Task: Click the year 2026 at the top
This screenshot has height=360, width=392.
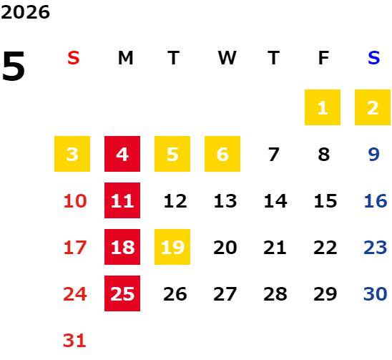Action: pyautogui.click(x=25, y=12)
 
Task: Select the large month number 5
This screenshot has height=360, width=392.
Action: pyautogui.click(x=14, y=66)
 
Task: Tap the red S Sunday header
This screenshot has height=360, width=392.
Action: pyautogui.click(x=74, y=58)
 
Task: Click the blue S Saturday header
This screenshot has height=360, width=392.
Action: pyautogui.click(x=373, y=58)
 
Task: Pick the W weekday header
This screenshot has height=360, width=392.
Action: pyautogui.click(x=227, y=58)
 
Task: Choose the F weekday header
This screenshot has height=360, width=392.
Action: pyautogui.click(x=324, y=58)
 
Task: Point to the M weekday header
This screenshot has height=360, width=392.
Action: pyautogui.click(x=125, y=58)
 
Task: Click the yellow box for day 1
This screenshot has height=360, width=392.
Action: pyautogui.click(x=323, y=107)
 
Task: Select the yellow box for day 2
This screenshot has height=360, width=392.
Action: pyautogui.click(x=373, y=107)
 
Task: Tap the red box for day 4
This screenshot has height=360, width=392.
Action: pyautogui.click(x=122, y=154)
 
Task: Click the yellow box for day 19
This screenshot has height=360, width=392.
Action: pyautogui.click(x=172, y=247)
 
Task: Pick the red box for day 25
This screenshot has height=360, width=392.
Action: pyautogui.click(x=122, y=293)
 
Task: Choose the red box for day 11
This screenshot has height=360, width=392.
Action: pyautogui.click(x=122, y=200)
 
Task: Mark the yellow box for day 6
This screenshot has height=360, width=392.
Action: pyautogui.click(x=222, y=154)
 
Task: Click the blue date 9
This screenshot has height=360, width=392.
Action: pyautogui.click(x=373, y=155)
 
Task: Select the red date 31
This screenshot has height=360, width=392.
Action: pyautogui.click(x=74, y=341)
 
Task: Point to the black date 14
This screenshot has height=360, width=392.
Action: pyautogui.click(x=275, y=201)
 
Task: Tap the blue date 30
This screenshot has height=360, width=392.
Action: pyautogui.click(x=376, y=294)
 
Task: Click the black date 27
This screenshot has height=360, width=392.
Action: pyautogui.click(x=225, y=294)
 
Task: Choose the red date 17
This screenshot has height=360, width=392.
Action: pyautogui.click(x=75, y=248)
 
